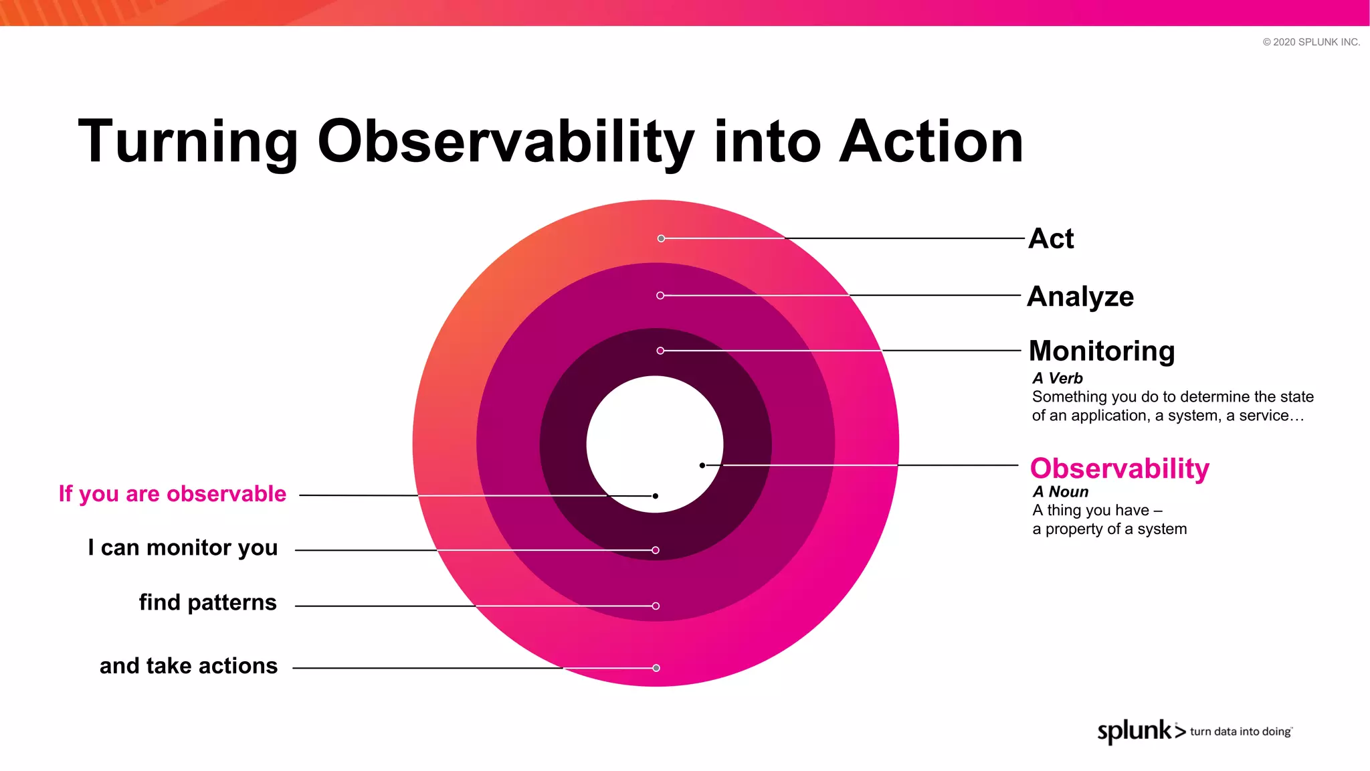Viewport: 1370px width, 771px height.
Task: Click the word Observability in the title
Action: click(506, 142)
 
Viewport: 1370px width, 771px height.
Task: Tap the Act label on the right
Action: click(1051, 238)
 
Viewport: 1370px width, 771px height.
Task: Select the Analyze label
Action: click(1080, 296)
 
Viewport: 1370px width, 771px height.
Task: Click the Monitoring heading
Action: click(1102, 351)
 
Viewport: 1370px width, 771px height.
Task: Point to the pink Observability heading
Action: click(1120, 468)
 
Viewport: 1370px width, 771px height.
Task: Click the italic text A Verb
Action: click(1057, 378)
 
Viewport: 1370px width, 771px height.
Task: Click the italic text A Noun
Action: click(1060, 492)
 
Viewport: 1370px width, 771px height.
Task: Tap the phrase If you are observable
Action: click(173, 494)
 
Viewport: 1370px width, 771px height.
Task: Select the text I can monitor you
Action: click(183, 548)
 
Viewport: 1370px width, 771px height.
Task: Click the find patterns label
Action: click(207, 602)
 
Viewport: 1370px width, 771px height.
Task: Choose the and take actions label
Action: click(189, 666)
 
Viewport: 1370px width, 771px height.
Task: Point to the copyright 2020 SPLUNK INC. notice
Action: click(1311, 42)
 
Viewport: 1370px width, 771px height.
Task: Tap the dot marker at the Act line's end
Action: click(661, 238)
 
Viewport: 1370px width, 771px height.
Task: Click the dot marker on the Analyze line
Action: click(660, 295)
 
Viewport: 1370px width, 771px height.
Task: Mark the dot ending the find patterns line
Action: click(656, 606)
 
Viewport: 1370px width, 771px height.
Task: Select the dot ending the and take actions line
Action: click(656, 668)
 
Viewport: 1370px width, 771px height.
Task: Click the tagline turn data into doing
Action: click(1240, 732)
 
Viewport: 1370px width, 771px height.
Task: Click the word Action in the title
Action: click(931, 142)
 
